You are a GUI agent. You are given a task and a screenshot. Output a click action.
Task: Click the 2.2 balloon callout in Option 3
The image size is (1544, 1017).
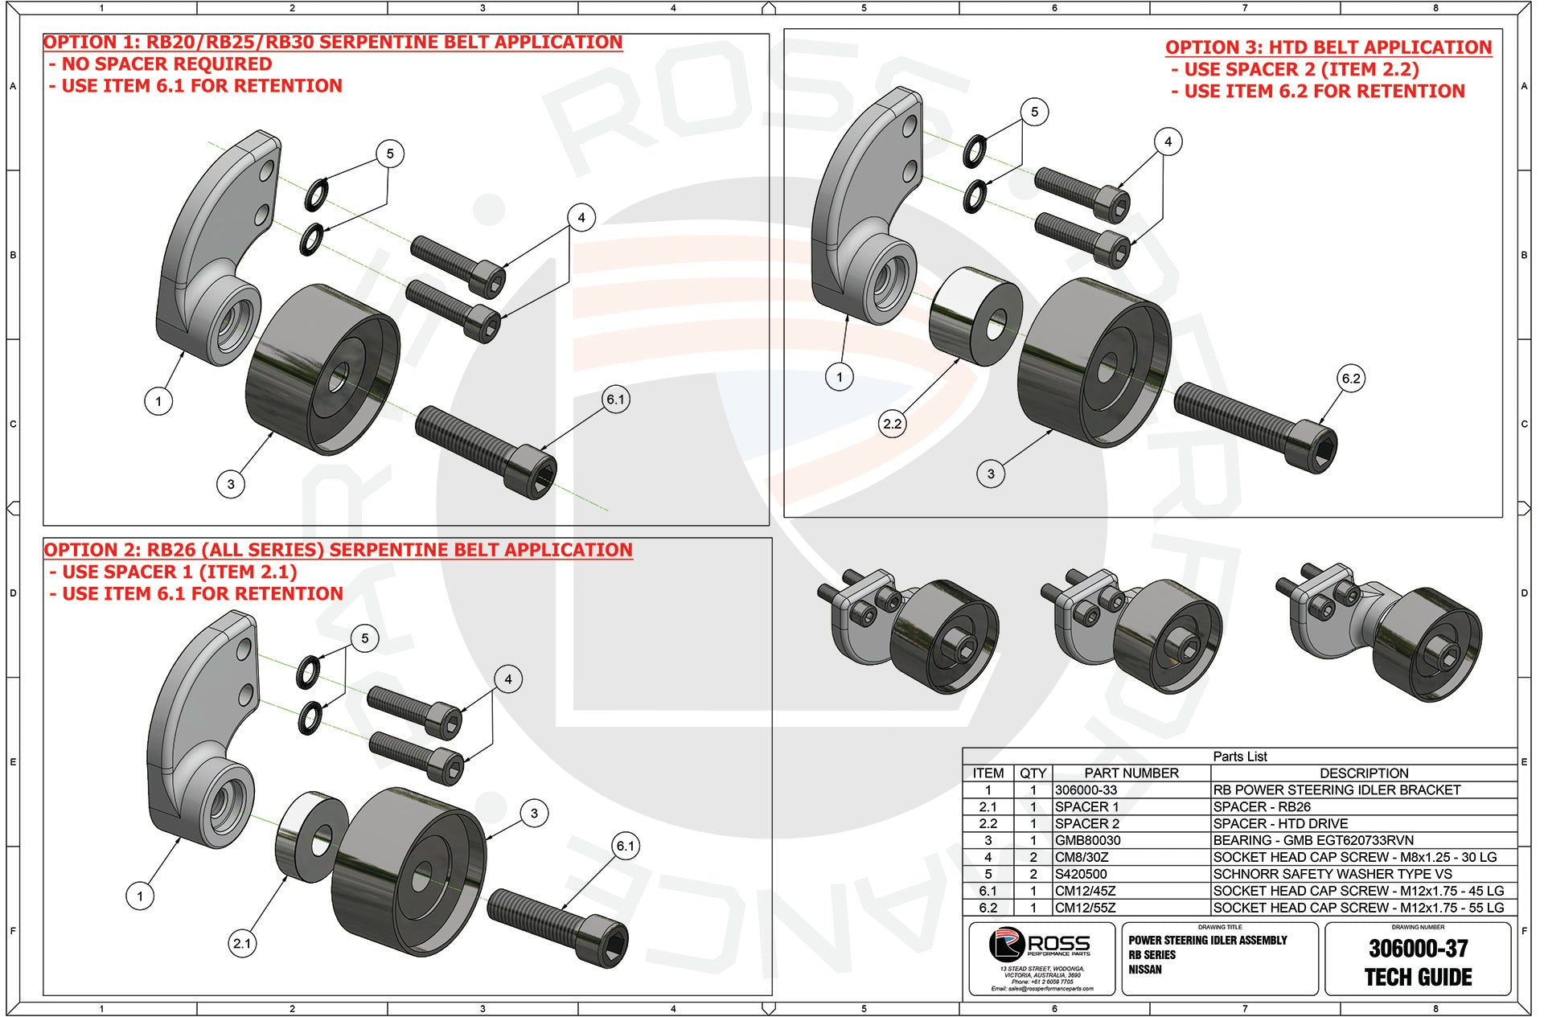893,424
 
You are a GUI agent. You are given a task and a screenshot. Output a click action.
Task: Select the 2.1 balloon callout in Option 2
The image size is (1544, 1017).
242,944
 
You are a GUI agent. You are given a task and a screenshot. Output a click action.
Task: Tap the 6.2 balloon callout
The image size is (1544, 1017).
1351,379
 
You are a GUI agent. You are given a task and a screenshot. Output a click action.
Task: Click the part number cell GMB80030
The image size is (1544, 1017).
1087,840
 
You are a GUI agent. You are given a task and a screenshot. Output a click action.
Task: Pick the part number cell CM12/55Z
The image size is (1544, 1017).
1085,908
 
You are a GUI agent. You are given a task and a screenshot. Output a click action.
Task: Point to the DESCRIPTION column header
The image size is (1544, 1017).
1364,773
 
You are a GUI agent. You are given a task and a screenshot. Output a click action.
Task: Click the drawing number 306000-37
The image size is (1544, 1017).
1418,949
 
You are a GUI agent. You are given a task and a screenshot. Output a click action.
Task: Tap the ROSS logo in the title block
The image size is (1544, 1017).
1041,945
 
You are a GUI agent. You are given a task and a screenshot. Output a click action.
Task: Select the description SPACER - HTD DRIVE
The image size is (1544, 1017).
1280,823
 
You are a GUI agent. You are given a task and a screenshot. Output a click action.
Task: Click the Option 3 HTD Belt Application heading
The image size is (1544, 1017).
1328,47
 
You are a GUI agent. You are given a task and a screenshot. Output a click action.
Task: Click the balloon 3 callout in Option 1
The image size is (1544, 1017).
231,484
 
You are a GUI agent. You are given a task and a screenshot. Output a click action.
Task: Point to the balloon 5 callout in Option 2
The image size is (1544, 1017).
364,638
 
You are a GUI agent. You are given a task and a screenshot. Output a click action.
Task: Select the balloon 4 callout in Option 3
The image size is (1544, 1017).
1168,142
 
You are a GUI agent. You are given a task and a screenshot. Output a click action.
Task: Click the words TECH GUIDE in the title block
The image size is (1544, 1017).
1418,978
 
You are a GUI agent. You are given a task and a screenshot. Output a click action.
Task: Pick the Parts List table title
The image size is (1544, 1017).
1239,757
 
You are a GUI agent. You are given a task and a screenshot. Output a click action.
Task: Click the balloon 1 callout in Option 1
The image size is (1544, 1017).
158,401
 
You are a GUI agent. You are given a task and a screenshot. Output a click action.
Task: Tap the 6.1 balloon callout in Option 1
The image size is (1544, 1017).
615,400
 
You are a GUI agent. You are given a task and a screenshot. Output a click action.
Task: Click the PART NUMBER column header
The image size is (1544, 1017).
1131,773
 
